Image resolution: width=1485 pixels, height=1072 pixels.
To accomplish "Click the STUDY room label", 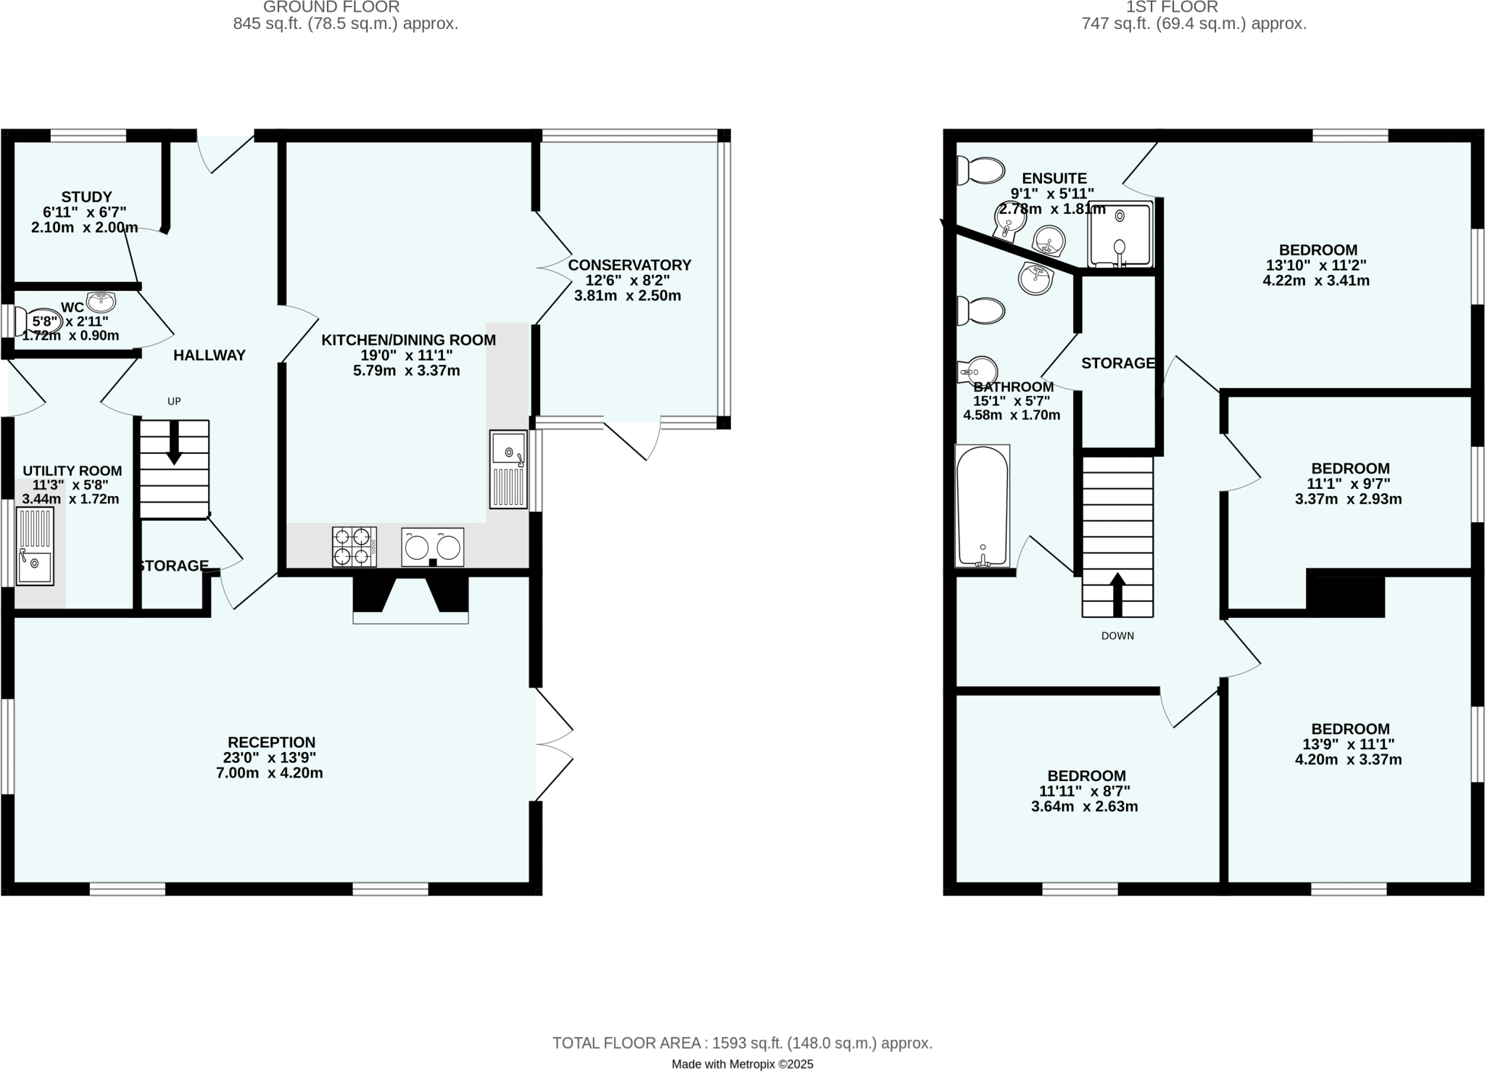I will [86, 197].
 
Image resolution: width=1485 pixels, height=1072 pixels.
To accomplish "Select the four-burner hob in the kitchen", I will [355, 546].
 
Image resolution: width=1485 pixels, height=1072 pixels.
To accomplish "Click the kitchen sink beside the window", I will [508, 469].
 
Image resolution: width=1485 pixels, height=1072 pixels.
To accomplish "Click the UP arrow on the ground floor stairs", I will [174, 442].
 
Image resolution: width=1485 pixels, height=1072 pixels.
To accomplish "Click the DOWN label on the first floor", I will [1117, 636].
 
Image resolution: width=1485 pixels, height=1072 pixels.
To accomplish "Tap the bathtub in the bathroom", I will [983, 506].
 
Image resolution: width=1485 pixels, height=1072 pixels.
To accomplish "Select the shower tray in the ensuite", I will [1120, 234].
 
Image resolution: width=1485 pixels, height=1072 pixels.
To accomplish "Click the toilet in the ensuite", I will [980, 171].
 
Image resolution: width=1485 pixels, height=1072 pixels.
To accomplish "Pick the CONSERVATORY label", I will [629, 265].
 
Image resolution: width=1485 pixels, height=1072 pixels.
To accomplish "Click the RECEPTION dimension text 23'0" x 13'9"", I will [270, 758].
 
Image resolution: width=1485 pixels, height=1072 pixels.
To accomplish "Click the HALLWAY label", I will [209, 355].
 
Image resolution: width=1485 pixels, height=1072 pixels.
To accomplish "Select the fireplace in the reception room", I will [410, 599].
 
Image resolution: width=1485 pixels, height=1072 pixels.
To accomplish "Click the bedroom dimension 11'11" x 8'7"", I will [1084, 791].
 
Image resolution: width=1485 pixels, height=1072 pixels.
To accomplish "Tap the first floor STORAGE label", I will [1117, 363].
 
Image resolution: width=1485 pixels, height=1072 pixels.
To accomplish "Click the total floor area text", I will [742, 1043].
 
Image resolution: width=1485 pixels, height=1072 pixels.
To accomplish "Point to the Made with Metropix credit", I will [742, 1064].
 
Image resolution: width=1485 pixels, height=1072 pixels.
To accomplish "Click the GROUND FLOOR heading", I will [331, 7].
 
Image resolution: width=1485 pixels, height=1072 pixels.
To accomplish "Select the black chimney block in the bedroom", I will [1346, 593].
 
